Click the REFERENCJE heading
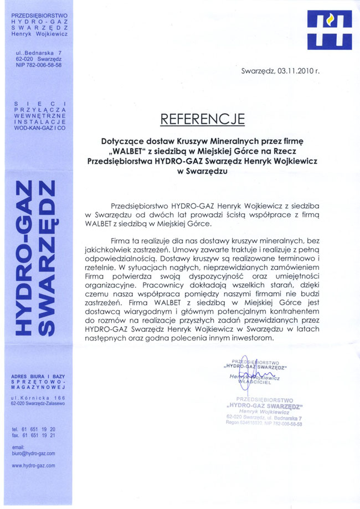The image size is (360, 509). pyautogui.click(x=202, y=119)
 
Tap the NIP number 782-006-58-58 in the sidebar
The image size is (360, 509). pyautogui.click(x=38, y=65)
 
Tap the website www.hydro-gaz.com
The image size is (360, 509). pyautogui.click(x=33, y=466)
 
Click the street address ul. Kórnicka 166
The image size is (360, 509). pyautogui.click(x=38, y=398)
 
